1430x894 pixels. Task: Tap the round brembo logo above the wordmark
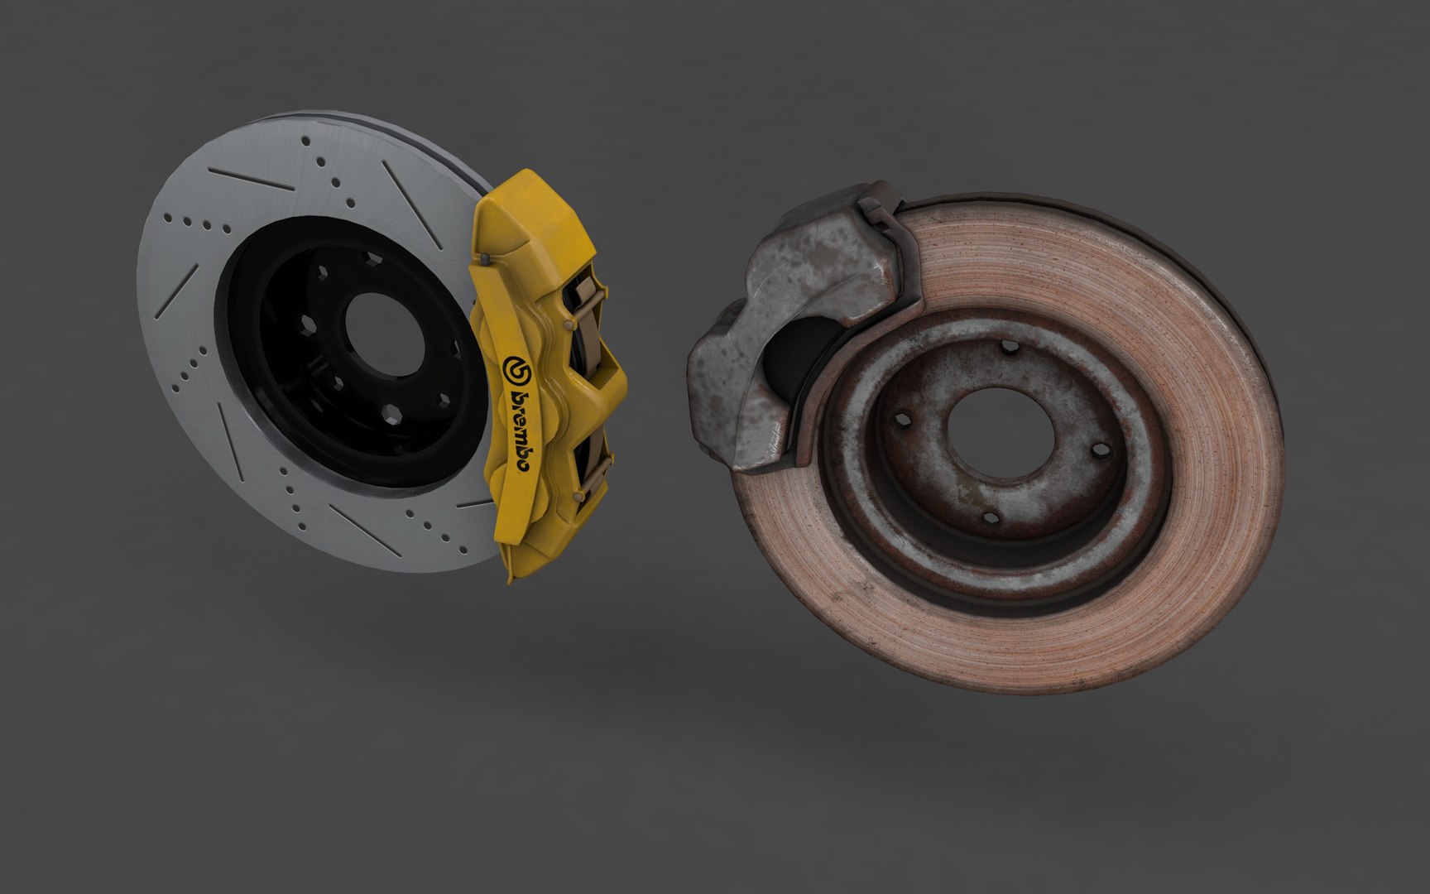click(x=514, y=369)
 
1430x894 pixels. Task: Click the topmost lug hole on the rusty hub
click(x=1007, y=349)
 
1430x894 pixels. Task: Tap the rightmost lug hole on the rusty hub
click(x=1099, y=450)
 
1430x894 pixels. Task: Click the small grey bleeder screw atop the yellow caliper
click(x=486, y=262)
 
